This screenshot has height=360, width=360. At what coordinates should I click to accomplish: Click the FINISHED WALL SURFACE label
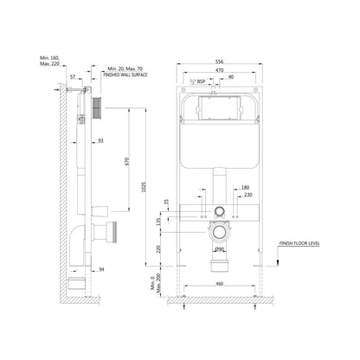126,75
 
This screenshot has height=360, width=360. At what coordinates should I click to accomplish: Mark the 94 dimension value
102,269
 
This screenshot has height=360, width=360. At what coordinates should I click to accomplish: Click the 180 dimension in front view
245,187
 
